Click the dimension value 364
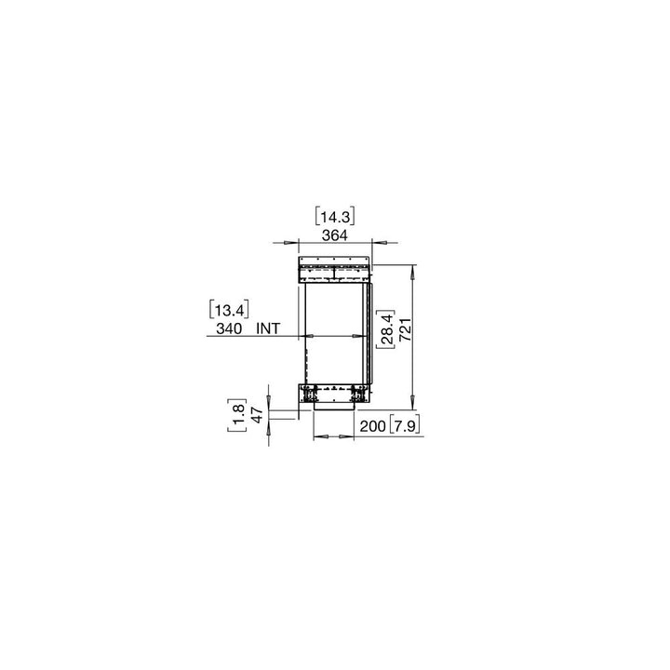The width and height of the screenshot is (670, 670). point(335,235)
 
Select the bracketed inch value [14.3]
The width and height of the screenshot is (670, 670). point(335,218)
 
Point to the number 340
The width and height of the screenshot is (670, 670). point(229,328)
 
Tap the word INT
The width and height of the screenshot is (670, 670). point(269,328)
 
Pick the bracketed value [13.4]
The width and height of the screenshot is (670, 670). point(229,309)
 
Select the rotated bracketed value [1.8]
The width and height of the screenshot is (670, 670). point(237,415)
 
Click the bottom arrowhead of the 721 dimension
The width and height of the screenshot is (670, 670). point(413,406)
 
